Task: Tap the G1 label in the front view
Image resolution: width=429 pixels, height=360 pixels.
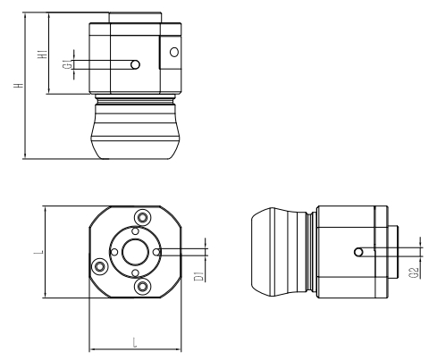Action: point(66,65)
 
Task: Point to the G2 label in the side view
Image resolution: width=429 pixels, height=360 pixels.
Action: point(416,270)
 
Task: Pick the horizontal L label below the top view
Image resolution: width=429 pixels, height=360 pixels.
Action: point(134,342)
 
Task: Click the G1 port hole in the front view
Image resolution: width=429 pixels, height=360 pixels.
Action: point(134,64)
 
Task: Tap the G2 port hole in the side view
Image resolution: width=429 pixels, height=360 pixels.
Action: point(357,252)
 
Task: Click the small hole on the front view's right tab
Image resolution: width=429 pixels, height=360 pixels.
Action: point(172,51)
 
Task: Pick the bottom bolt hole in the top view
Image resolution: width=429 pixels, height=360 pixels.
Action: point(141,287)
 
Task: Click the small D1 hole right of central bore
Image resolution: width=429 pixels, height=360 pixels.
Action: point(156,253)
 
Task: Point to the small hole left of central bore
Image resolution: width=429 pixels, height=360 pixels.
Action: point(111,253)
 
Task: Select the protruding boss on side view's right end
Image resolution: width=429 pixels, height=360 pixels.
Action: point(393,253)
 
